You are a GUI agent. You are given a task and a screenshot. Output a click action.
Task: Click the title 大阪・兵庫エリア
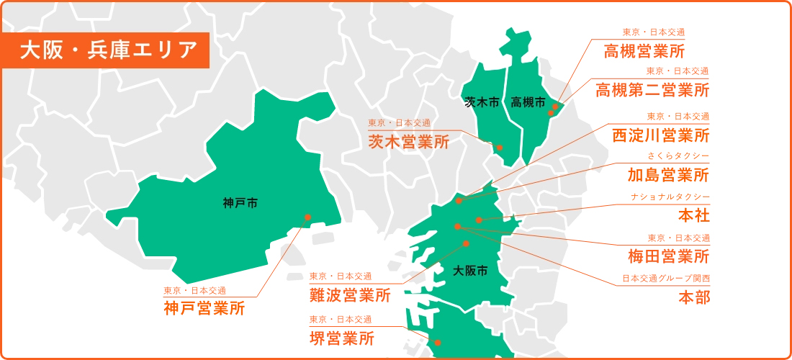click(x=109, y=50)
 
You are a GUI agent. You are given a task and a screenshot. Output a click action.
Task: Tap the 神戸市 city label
click(x=240, y=204)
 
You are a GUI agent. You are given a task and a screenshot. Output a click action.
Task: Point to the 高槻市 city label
click(x=528, y=103)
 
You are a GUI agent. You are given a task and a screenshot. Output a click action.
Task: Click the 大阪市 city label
click(x=471, y=271)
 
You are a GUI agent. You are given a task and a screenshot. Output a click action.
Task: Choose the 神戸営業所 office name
click(x=204, y=309)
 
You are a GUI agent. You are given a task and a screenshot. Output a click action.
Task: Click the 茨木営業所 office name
click(x=408, y=142)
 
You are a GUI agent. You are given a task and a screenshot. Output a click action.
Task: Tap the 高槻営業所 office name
click(x=644, y=51)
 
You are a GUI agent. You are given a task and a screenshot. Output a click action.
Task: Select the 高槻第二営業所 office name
click(x=652, y=90)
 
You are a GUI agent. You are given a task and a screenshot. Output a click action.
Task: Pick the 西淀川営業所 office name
click(x=660, y=135)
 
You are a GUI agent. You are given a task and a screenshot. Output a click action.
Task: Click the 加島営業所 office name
click(x=668, y=175)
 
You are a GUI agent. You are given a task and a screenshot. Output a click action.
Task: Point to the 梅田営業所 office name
click(x=668, y=256)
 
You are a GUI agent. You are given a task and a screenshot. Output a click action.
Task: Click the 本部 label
click(x=694, y=297)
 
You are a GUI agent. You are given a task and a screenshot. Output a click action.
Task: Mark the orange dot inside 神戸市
click(x=307, y=217)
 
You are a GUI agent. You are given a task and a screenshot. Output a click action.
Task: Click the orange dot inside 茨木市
click(x=500, y=148)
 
